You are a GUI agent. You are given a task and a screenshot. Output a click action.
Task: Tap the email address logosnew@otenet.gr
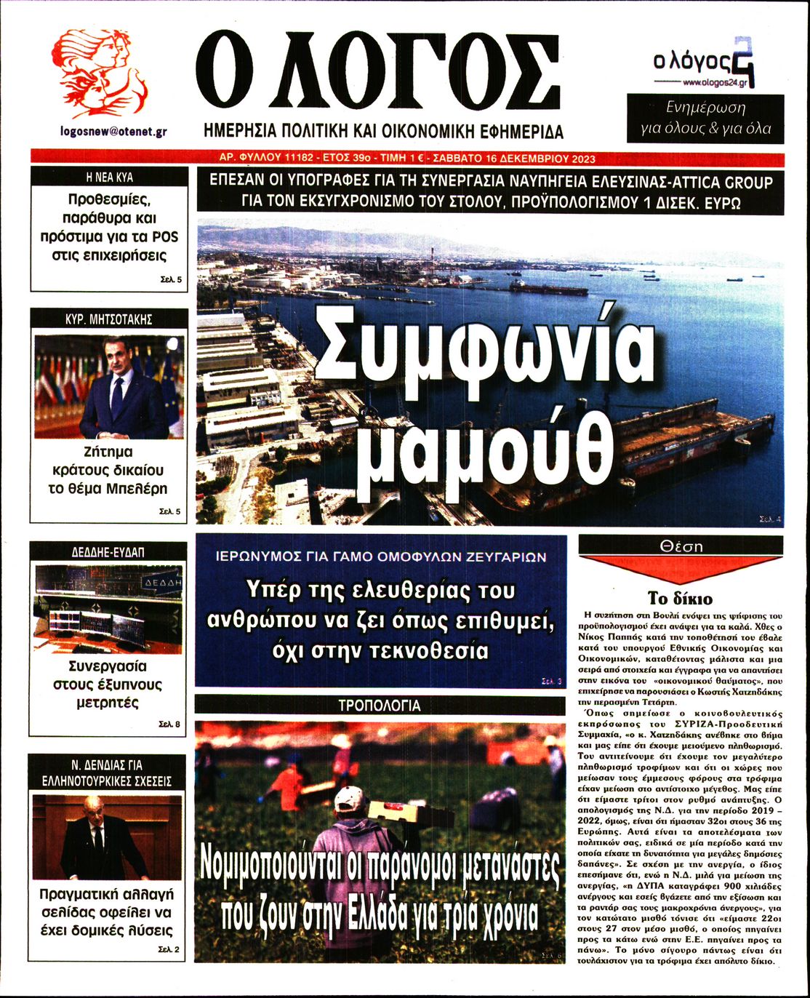click(x=114, y=132)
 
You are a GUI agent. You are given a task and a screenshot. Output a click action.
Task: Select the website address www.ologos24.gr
click(x=713, y=83)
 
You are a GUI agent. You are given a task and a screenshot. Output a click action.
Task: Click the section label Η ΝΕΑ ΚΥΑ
click(x=109, y=177)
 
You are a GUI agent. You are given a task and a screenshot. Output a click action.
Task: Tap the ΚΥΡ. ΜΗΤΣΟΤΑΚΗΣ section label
click(x=109, y=319)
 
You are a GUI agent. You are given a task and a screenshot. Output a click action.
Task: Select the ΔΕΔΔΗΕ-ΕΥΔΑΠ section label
click(x=108, y=552)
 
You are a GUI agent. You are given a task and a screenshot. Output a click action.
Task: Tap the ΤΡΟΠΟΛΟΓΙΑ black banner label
click(x=380, y=706)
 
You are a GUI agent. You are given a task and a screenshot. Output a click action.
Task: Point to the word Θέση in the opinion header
click(x=681, y=546)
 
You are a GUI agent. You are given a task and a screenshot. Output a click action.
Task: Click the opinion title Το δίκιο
click(x=681, y=599)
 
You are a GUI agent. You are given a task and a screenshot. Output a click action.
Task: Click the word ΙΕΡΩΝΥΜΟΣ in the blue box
click(x=261, y=557)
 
